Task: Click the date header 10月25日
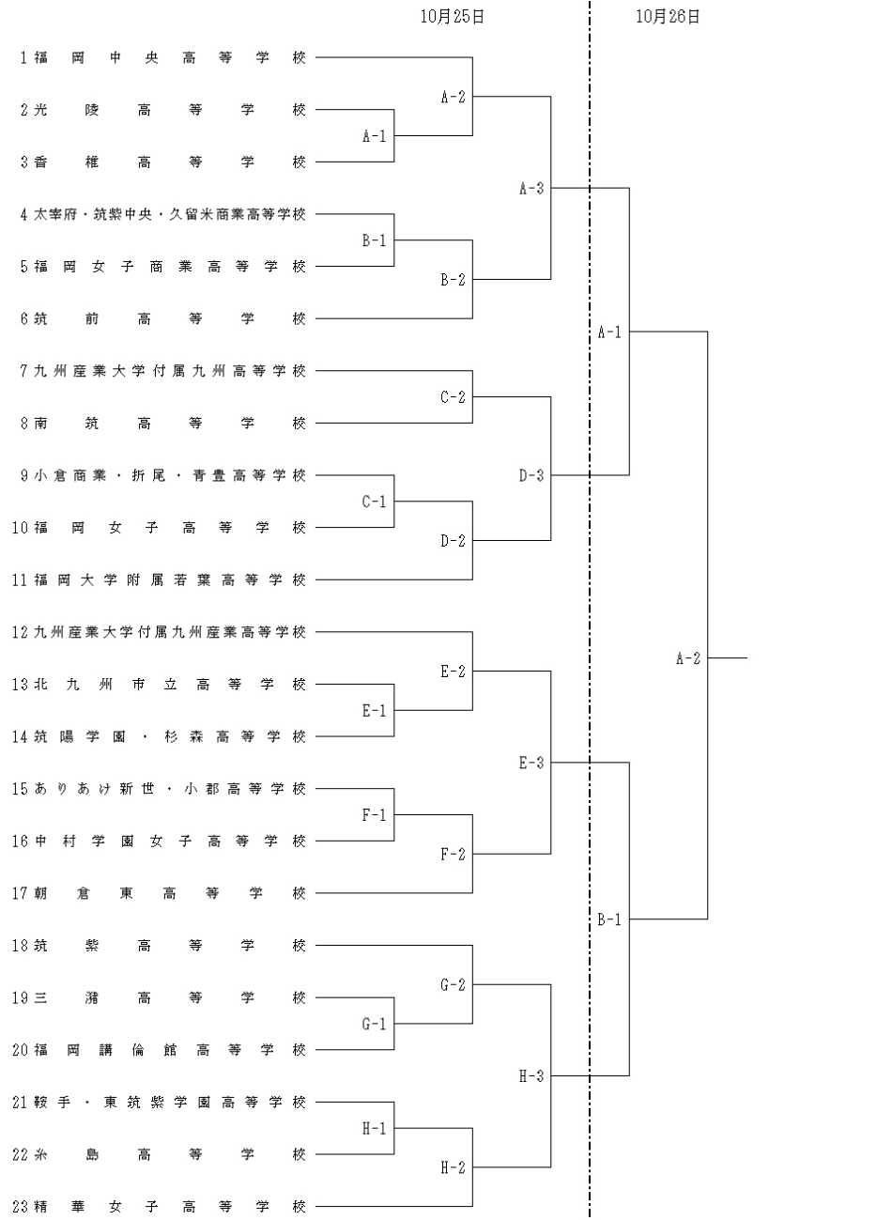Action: (452, 16)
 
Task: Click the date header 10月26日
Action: (668, 16)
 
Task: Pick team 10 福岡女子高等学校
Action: (160, 528)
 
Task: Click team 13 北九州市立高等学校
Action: (160, 685)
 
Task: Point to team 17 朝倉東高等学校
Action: (160, 893)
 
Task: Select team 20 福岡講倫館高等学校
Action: (160, 1050)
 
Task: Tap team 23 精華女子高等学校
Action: (160, 1207)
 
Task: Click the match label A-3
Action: (531, 189)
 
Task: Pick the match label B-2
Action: (453, 280)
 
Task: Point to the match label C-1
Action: (374, 502)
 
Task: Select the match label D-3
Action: (531, 475)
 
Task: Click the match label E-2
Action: (453, 672)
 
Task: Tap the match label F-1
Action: (374, 815)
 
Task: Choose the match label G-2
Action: (453, 985)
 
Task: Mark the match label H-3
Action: (531, 1076)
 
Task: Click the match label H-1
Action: (374, 1128)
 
